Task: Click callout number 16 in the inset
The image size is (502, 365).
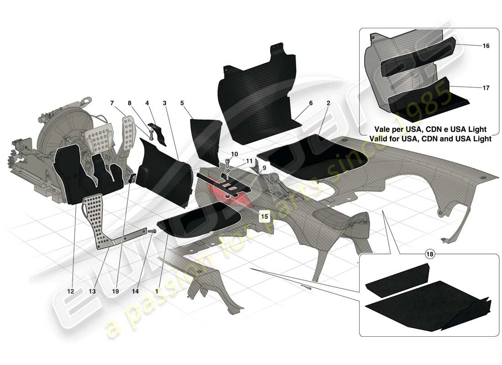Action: pyautogui.click(x=486, y=46)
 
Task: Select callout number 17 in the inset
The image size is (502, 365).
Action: pyautogui.click(x=486, y=88)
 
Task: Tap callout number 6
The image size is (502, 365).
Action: pyautogui.click(x=310, y=104)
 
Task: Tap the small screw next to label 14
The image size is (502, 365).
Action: pyautogui.click(x=152, y=232)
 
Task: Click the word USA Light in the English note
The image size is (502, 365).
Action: pyautogui.click(x=472, y=139)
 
